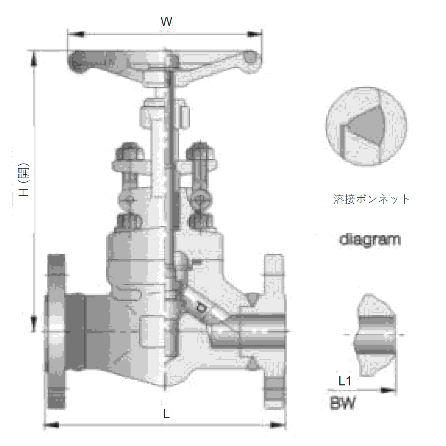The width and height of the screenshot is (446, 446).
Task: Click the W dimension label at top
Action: coord(166,22)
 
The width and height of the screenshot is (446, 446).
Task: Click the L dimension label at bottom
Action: coord(166,413)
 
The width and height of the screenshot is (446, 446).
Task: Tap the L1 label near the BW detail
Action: coord(345,381)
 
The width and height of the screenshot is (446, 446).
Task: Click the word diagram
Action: coord(369,240)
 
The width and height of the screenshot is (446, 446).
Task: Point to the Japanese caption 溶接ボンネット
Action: coord(371,199)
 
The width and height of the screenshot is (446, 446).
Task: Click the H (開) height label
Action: coord(24,180)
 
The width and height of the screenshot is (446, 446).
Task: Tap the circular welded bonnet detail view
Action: coord(366,126)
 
